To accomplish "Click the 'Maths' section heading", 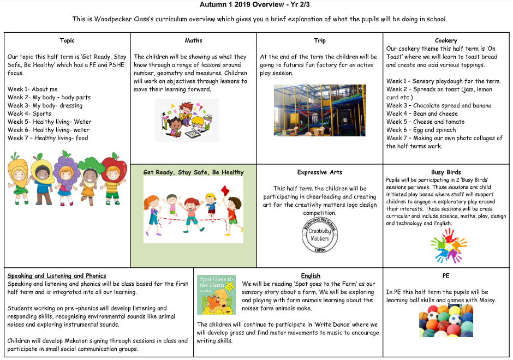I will [x=193, y=40].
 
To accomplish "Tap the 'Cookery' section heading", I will [x=446, y=40].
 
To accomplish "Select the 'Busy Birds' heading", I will [x=446, y=172].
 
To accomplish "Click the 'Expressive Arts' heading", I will [x=320, y=172].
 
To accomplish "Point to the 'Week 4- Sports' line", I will [x=29, y=113].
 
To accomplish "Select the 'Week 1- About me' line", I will [x=32, y=89].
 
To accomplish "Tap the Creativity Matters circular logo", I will [x=320, y=235].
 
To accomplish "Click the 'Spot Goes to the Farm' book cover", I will [x=216, y=295].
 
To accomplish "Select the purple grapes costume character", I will [x=64, y=175].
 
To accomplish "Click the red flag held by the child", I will [x=225, y=190].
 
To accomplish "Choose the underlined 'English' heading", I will [x=311, y=276].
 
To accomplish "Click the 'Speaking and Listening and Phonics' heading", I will [x=57, y=276].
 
